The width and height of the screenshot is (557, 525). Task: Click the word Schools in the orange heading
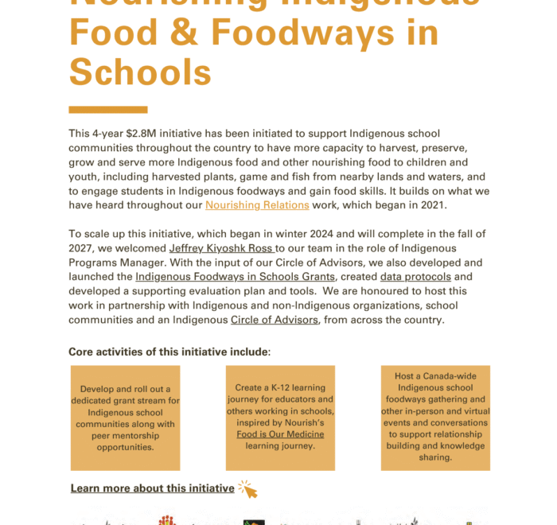click(x=140, y=72)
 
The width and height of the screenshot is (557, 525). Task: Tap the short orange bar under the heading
click(x=108, y=110)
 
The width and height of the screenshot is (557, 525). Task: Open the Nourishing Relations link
click(x=257, y=204)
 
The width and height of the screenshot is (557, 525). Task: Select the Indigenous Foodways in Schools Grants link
click(x=236, y=277)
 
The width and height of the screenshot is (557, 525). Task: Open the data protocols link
click(x=415, y=277)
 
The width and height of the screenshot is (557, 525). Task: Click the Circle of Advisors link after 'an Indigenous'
click(x=275, y=320)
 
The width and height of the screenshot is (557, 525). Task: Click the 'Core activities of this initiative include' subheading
click(x=169, y=352)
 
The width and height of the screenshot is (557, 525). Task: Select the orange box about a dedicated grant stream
click(x=125, y=418)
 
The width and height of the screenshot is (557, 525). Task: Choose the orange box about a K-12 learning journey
click(x=280, y=418)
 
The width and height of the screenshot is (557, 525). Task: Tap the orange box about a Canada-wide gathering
click(x=435, y=418)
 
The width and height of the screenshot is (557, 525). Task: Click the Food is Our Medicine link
click(x=280, y=434)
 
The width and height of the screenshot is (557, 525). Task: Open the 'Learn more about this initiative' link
click(x=152, y=488)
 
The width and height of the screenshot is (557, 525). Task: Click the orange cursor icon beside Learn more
click(x=247, y=488)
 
